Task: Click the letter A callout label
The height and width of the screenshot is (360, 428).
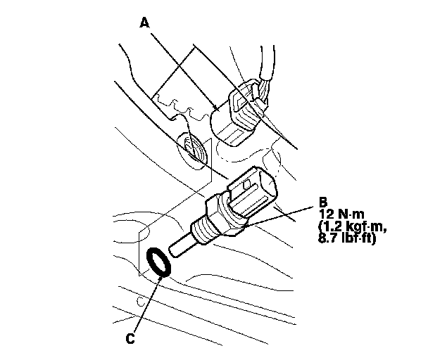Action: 145,22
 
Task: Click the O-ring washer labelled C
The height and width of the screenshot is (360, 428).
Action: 160,262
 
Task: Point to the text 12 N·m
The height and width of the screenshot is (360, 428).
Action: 343,212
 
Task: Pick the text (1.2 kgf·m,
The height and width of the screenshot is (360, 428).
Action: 353,226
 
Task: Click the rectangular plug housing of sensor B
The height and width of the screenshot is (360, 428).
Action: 253,193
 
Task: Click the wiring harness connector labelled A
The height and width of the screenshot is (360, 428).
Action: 239,112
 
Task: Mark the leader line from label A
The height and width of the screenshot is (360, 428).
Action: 183,67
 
